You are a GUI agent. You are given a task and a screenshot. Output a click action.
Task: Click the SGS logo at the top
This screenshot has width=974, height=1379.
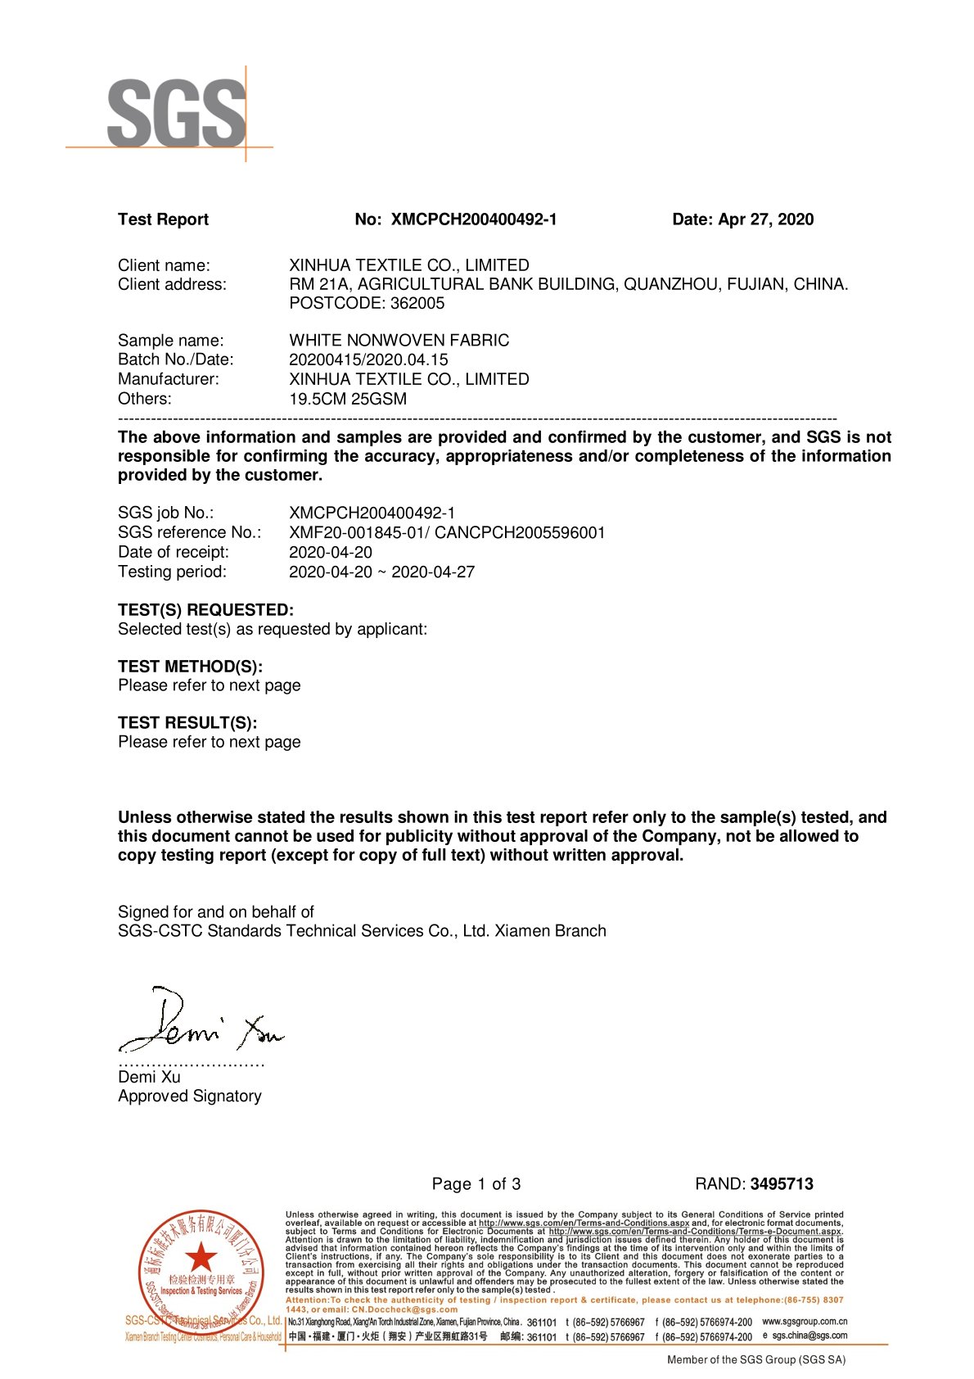[x=176, y=113]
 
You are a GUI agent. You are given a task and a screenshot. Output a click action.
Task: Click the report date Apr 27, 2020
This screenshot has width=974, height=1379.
[x=765, y=219]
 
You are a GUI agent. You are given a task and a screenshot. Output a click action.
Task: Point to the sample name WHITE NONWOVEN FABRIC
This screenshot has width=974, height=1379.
[x=399, y=340]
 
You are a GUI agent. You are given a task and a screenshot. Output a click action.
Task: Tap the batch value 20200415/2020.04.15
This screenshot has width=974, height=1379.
[x=368, y=359]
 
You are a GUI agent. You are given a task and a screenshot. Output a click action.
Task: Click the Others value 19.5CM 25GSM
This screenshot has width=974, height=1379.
[x=347, y=399]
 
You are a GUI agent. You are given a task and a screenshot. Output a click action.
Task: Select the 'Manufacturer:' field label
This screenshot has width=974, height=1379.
[x=169, y=379]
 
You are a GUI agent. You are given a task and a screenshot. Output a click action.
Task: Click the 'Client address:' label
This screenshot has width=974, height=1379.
[x=172, y=284]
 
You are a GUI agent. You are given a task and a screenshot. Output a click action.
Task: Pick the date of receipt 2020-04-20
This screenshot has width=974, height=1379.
[x=330, y=552]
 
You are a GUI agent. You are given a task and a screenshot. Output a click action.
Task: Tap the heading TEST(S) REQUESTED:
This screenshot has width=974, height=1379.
[x=205, y=610]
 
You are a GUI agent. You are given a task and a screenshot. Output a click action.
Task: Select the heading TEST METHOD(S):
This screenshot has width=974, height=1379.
[x=190, y=667]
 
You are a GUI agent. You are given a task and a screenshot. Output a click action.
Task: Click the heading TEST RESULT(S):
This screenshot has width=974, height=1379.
[x=187, y=722]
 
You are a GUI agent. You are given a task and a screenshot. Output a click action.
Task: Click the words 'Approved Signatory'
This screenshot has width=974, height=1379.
[x=189, y=1096]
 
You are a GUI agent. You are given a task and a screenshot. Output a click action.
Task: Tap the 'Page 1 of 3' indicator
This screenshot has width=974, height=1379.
[x=476, y=1183]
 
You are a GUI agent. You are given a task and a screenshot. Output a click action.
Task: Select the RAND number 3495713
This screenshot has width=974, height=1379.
[x=781, y=1183]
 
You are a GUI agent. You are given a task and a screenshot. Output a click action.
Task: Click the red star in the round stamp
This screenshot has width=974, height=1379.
[x=201, y=1258]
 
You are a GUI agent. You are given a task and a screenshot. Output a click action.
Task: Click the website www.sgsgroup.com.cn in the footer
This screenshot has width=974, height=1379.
[x=804, y=1321]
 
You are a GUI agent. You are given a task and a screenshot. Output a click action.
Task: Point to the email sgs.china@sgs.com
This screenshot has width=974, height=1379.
[x=809, y=1335]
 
